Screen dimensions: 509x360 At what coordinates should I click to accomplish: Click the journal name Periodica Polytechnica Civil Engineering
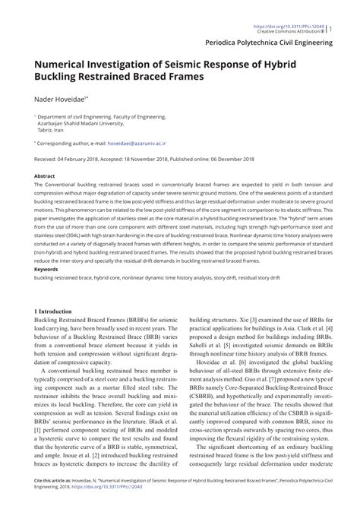point(276,45)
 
